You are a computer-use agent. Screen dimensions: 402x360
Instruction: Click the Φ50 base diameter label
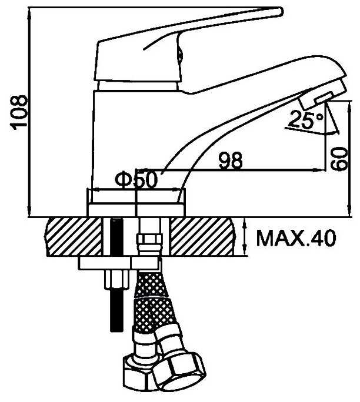(136, 179)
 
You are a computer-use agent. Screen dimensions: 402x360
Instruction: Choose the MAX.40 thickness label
(295, 237)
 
